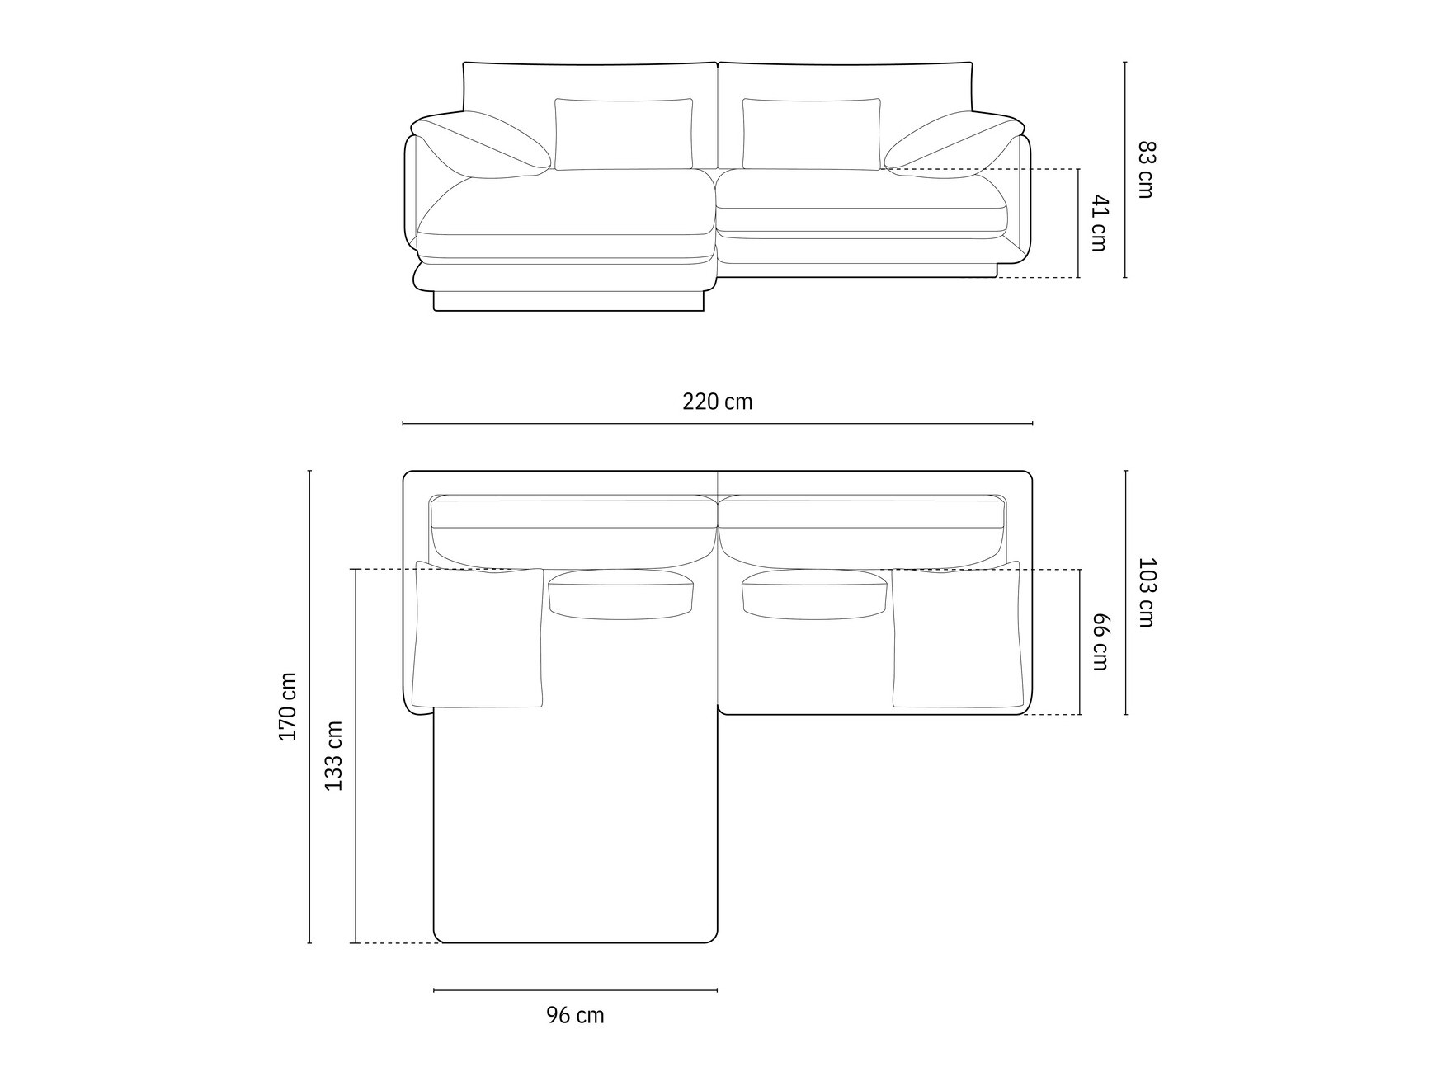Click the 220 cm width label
coord(717,402)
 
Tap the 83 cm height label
coord(1145,170)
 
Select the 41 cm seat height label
coord(1099,223)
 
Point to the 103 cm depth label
coord(1145,593)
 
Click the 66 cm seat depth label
coord(1099,642)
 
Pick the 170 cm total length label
coord(288,707)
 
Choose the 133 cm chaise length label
coord(333,756)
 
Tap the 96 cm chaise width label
coord(575,1015)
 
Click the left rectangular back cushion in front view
coord(624,134)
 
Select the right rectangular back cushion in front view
coord(811,134)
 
